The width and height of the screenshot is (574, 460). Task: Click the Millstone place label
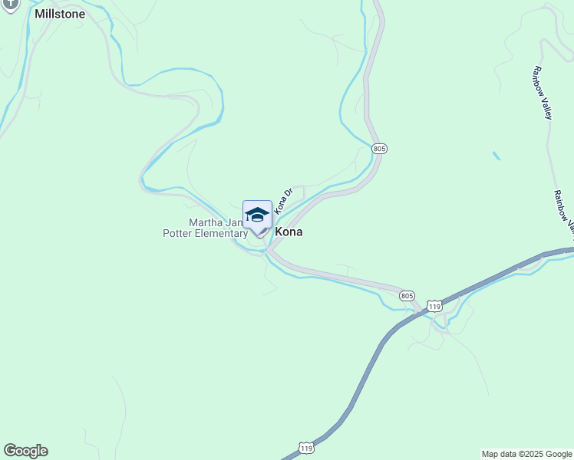pyautogui.click(x=60, y=14)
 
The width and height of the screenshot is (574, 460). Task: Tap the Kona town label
pyautogui.click(x=288, y=232)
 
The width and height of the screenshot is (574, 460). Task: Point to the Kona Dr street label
pyautogui.click(x=284, y=200)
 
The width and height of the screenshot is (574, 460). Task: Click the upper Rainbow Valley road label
pyautogui.click(x=541, y=92)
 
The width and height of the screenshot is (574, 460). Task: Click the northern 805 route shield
pyautogui.click(x=378, y=148)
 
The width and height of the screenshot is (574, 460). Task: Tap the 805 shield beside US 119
pyautogui.click(x=407, y=295)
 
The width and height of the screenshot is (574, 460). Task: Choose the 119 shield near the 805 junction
pyautogui.click(x=434, y=306)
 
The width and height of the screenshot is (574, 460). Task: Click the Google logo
pyautogui.click(x=25, y=451)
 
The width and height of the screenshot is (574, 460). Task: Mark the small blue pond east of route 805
pyautogui.click(x=496, y=156)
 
